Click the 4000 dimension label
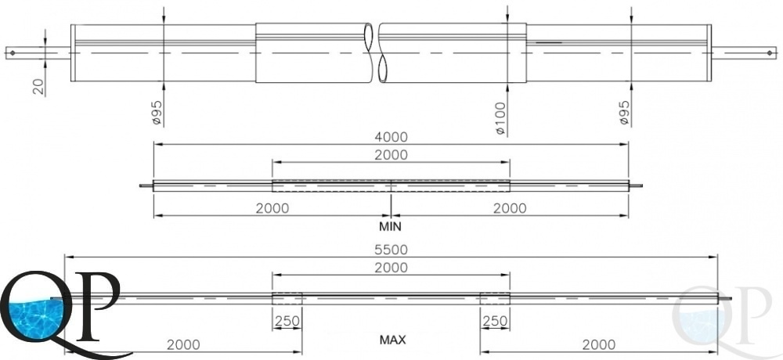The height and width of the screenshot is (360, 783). coord(391,137)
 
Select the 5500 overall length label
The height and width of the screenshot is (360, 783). coord(391,250)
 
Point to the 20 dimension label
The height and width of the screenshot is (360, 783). coord(39,87)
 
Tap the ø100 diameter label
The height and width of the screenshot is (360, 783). coord(501,118)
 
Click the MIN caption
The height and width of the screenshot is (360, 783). coord(390,226)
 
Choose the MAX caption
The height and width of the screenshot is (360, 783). coord(392,340)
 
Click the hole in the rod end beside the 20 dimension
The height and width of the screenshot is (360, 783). coord(13,52)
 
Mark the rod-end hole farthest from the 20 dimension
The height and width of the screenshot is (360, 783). coord(770,52)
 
